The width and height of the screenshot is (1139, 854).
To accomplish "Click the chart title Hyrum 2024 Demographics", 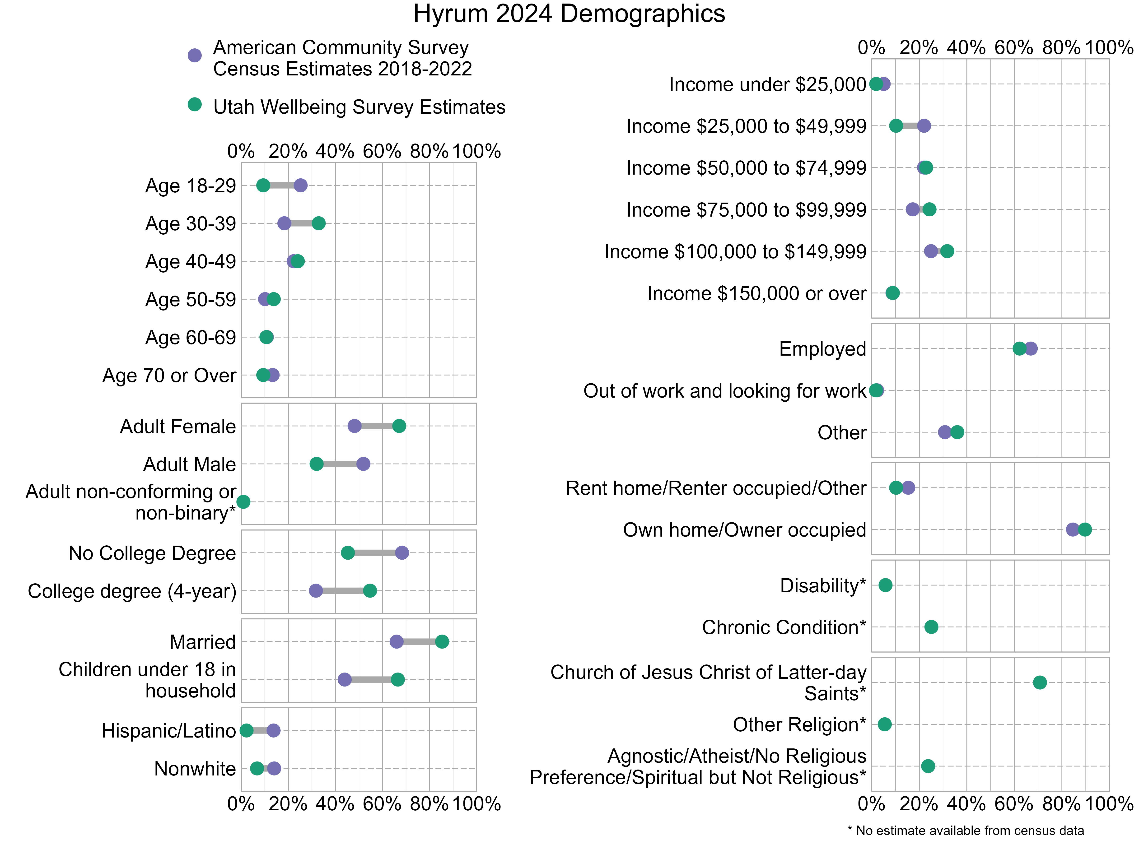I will coord(569,14).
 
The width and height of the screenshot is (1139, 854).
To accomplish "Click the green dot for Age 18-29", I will coord(263,185).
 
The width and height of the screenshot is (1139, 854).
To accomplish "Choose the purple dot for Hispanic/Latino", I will coord(273,730).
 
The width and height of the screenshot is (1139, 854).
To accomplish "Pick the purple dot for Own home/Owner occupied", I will coord(1073,530).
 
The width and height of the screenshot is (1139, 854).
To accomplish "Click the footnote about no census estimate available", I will coord(966,831).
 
